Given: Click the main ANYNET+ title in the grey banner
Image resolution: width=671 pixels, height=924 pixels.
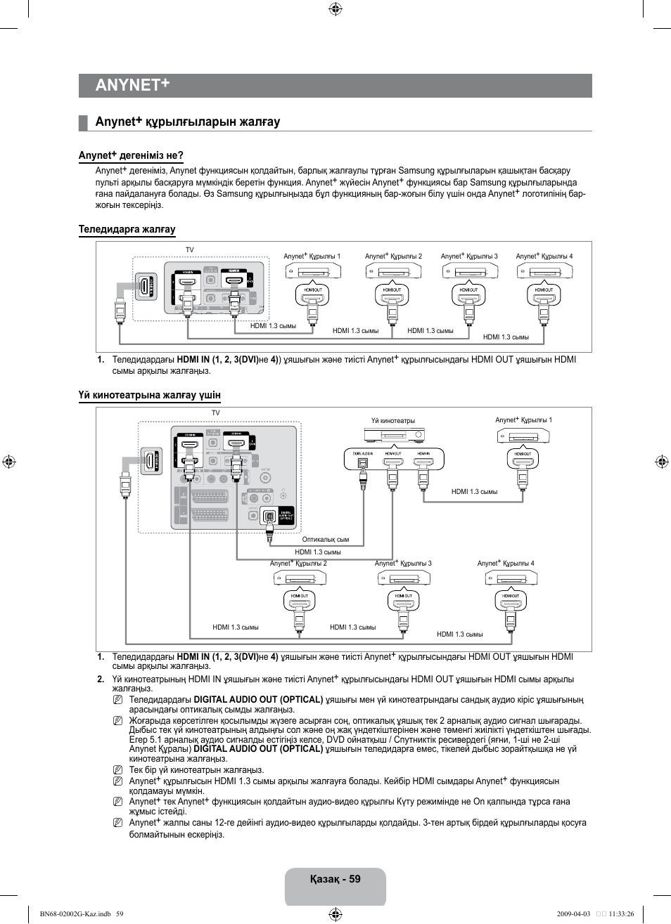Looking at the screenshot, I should click(x=133, y=85).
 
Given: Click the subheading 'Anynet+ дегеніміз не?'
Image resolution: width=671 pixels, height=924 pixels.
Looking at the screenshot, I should click(x=131, y=155).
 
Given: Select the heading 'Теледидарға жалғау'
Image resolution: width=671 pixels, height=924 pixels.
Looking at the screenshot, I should click(x=127, y=229).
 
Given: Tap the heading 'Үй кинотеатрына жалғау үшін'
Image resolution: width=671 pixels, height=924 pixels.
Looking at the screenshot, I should click(x=149, y=395).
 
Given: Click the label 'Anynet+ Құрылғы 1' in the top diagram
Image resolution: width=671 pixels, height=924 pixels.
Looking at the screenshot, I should click(x=312, y=256).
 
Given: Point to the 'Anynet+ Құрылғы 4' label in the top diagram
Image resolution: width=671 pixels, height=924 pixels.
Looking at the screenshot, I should click(x=544, y=256).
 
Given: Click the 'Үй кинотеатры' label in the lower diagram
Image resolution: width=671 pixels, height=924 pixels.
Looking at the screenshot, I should click(x=393, y=421).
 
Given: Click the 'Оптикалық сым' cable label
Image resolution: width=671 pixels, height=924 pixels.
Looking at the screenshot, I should click(x=325, y=540).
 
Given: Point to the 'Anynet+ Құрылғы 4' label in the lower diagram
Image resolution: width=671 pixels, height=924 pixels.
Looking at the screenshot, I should click(x=505, y=564).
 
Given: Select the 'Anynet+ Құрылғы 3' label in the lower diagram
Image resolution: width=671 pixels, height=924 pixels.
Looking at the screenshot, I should click(x=403, y=564).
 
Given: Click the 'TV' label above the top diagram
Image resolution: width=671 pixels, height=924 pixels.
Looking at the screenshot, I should click(x=189, y=250).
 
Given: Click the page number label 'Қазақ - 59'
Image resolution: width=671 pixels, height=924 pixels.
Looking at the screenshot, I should click(x=335, y=879).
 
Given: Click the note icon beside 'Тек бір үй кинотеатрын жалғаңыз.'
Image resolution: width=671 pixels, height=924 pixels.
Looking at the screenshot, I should click(x=118, y=769).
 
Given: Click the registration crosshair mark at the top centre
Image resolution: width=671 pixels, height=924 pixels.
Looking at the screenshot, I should click(x=335, y=9).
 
